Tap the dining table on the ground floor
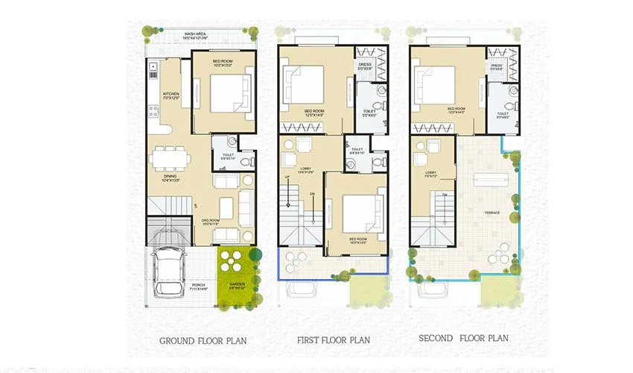[x=166, y=159]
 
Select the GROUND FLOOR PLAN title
[x=203, y=341]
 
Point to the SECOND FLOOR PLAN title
[x=463, y=338]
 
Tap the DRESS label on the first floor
[x=365, y=64]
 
